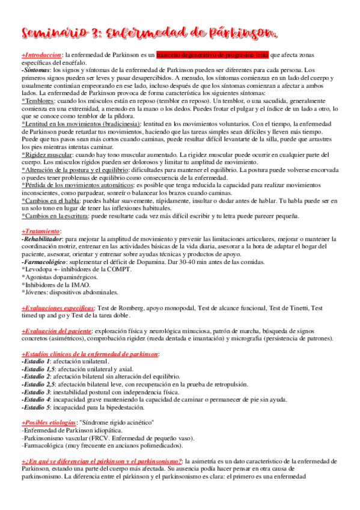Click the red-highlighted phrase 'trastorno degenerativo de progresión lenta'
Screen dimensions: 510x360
click(212, 54)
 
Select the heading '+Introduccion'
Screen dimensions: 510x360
click(42, 54)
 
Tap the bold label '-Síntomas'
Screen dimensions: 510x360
click(35, 70)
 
